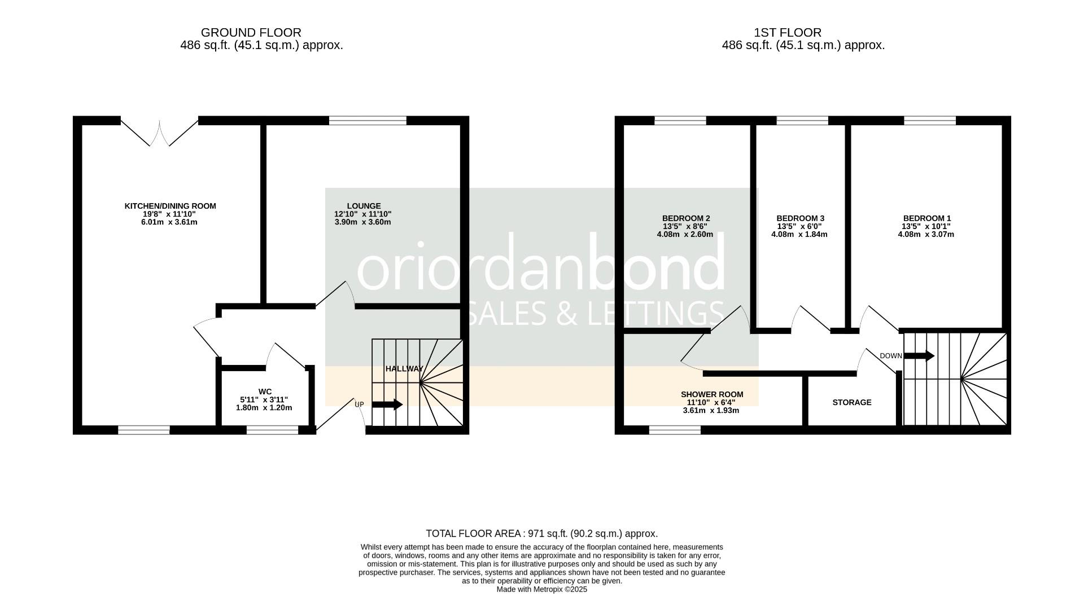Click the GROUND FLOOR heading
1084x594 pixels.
point(251,33)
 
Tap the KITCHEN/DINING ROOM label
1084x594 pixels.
point(170,206)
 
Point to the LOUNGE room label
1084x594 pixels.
point(364,206)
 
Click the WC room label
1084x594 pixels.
point(265,391)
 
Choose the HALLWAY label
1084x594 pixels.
point(404,368)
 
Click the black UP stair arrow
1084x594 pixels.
point(387,404)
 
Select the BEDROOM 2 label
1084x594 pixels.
point(686,218)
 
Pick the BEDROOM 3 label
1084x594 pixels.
point(800,218)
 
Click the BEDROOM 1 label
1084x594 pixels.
point(927,218)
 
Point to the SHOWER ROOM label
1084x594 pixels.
point(712,394)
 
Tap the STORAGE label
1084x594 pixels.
point(852,402)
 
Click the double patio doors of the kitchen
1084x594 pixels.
point(160,132)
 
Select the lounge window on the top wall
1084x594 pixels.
point(368,120)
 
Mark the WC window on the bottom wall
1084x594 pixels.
point(272,430)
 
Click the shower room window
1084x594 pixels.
point(675,430)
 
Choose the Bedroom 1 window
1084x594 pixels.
point(930,120)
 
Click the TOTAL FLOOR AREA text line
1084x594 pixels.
point(542,534)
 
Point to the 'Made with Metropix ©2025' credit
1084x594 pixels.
point(542,589)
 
